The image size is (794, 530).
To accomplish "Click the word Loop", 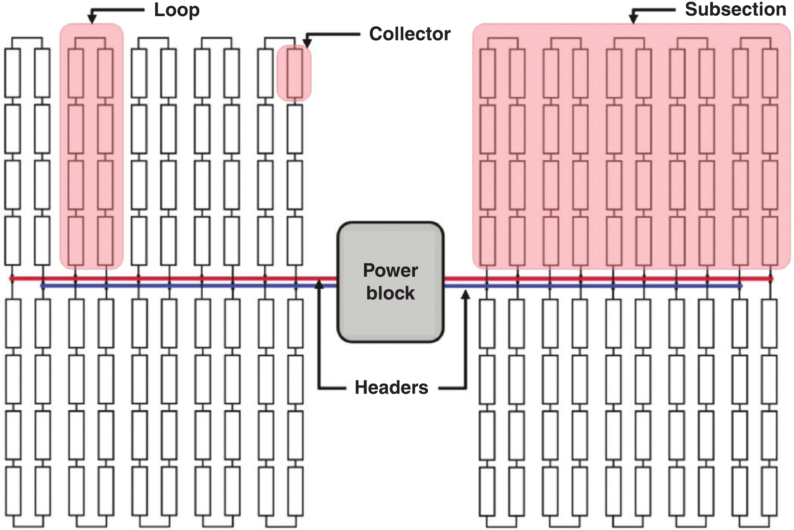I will (x=177, y=10).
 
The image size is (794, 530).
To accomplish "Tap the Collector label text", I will (x=410, y=34).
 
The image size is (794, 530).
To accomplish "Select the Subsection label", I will (x=735, y=9).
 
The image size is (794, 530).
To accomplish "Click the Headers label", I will (x=391, y=388).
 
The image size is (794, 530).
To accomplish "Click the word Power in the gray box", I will (x=390, y=270).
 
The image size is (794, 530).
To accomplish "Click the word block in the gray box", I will (x=390, y=293).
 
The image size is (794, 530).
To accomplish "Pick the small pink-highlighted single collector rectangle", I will (x=295, y=73).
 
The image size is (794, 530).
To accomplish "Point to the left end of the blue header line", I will (x=42, y=286).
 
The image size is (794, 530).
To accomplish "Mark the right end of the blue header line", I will (x=740, y=286).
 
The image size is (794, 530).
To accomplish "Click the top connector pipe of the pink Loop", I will (x=90, y=38).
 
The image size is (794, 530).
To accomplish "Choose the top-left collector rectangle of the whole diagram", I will (x=13, y=73).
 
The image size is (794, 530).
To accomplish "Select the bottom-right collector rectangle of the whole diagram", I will (x=770, y=491).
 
